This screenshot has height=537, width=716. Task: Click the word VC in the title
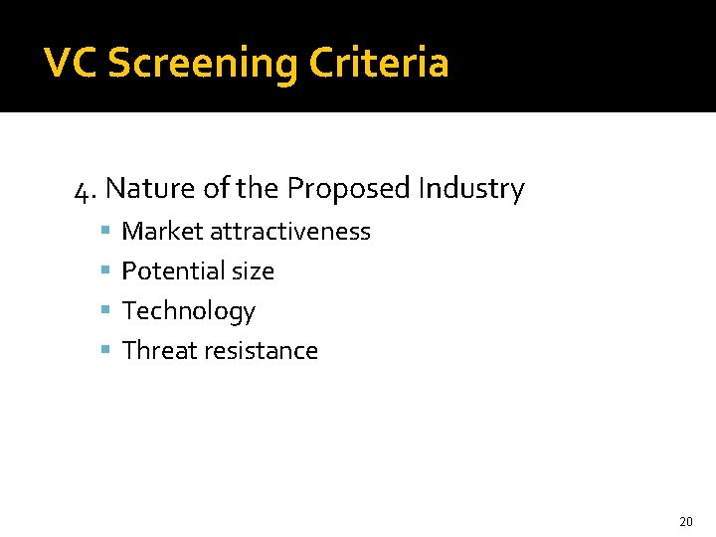(x=71, y=64)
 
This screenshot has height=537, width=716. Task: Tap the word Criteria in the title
(x=379, y=64)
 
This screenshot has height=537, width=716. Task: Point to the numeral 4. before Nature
(x=86, y=188)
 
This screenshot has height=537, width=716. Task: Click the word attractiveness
(x=289, y=232)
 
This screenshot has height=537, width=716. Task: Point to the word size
(x=254, y=271)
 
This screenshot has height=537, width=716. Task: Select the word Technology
(x=189, y=311)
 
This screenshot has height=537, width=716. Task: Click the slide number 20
(x=685, y=521)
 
